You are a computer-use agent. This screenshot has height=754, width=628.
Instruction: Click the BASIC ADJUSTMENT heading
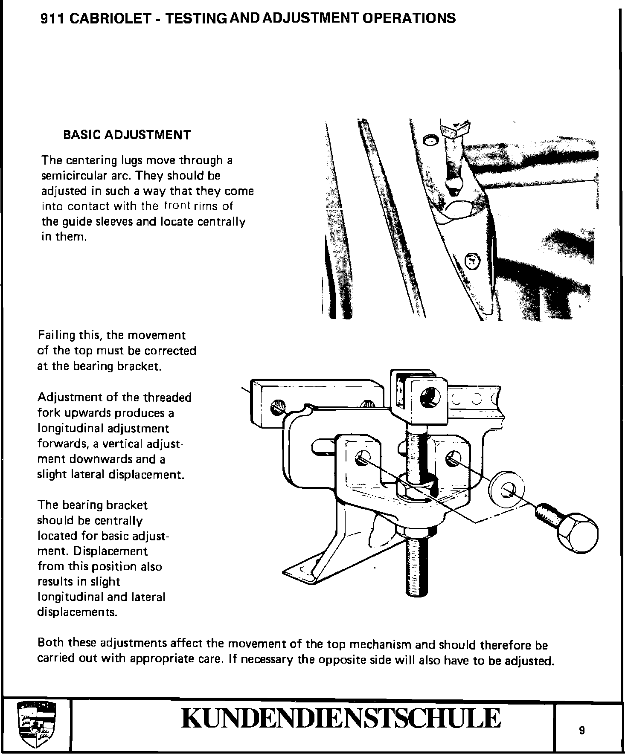click(127, 135)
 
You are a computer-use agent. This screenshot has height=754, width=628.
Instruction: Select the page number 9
click(582, 731)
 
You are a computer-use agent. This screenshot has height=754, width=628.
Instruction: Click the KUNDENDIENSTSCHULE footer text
click(340, 719)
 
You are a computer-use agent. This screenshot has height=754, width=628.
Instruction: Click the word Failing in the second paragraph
click(55, 335)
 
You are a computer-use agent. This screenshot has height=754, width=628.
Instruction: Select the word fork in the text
click(47, 413)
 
